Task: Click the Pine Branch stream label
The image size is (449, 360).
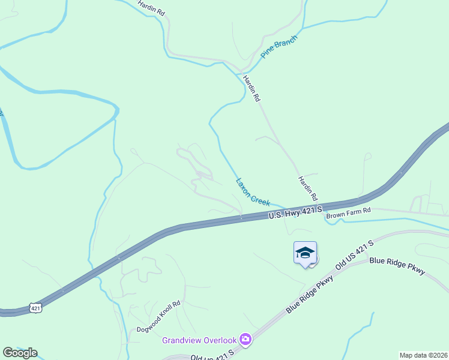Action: coord(279,46)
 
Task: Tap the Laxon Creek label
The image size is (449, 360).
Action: coord(253,191)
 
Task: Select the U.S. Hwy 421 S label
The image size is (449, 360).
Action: coord(295,212)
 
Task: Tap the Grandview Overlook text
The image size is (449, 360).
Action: coord(199,340)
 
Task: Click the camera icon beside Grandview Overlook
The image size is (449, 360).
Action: coord(245,340)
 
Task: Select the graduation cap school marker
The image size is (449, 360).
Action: coord(305,252)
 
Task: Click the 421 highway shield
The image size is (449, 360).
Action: coord(36,308)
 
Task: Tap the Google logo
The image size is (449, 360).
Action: coord(20,353)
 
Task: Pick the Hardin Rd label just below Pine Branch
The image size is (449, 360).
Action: coord(252,88)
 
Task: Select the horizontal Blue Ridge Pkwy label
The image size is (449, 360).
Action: coord(397,266)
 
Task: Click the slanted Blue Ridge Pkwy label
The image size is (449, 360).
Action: coord(310,293)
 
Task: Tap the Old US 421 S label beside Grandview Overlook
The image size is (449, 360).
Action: coord(212,356)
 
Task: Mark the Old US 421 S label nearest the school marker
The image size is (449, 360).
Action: coord(355,254)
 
